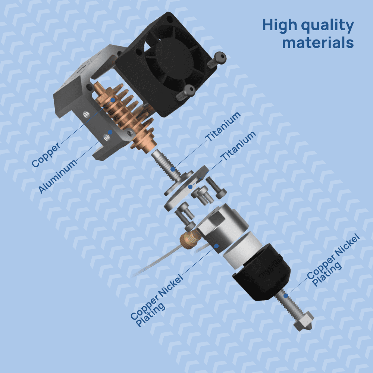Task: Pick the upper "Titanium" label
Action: tap(223, 127)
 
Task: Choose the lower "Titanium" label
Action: tap(238, 146)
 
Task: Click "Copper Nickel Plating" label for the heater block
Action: tap(157, 301)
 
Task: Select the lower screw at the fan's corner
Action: tap(186, 91)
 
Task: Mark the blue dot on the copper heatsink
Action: tap(113, 100)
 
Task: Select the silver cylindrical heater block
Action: tap(224, 239)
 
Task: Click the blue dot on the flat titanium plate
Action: tap(190, 186)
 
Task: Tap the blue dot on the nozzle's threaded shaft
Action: tap(286, 295)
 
